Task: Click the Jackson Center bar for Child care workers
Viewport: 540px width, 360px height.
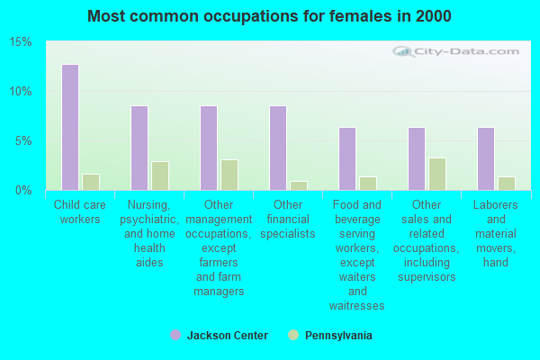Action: pyautogui.click(x=70, y=127)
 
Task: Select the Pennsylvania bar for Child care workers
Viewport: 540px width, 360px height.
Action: pyautogui.click(x=91, y=182)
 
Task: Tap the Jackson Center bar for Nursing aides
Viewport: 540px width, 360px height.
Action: pyautogui.click(x=139, y=148)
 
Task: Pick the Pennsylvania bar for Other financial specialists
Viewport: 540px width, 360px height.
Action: pyautogui.click(x=299, y=185)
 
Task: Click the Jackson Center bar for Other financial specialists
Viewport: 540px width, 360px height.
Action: pyautogui.click(x=278, y=148)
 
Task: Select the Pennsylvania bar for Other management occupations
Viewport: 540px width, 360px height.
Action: pyautogui.click(x=229, y=175)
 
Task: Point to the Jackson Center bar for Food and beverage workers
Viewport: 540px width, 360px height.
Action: pyautogui.click(x=347, y=158)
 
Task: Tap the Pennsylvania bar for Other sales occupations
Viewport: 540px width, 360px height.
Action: pyautogui.click(x=437, y=174)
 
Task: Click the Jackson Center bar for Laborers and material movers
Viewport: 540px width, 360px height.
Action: pyautogui.click(x=486, y=158)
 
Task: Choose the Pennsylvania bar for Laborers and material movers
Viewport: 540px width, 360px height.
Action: pyautogui.click(x=507, y=184)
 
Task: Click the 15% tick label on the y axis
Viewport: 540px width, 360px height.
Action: pyautogui.click(x=21, y=42)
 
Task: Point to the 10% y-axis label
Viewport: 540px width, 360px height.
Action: pyautogui.click(x=21, y=92)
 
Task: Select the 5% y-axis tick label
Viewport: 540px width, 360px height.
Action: pyautogui.click(x=23, y=141)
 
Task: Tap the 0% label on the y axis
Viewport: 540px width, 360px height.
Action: pyautogui.click(x=23, y=190)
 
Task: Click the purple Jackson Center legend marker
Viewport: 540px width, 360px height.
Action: pyautogui.click(x=175, y=335)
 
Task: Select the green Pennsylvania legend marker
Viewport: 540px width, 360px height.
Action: pyautogui.click(x=293, y=335)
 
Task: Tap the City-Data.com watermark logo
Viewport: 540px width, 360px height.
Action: pyautogui.click(x=455, y=51)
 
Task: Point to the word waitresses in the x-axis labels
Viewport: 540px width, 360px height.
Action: pyautogui.click(x=357, y=306)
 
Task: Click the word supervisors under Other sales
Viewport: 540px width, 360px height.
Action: pyautogui.click(x=427, y=277)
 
